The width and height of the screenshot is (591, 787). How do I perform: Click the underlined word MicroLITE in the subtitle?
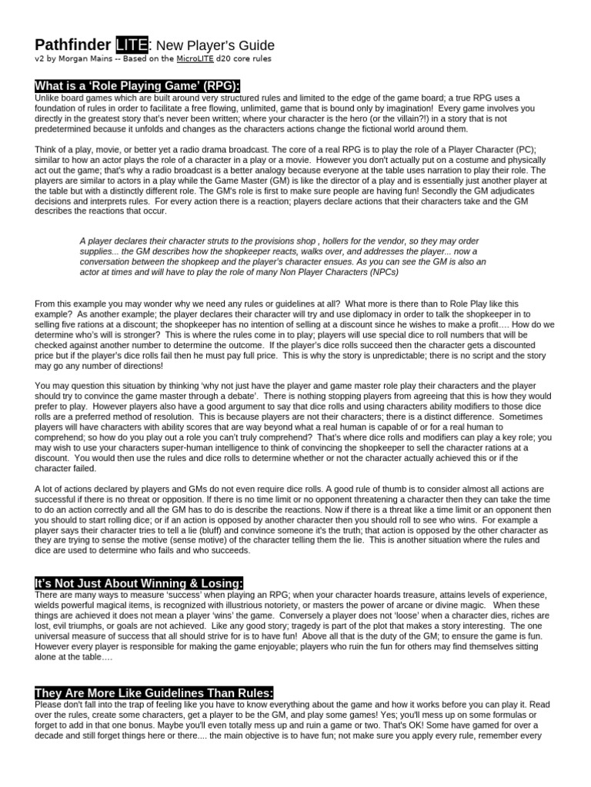tap(203, 58)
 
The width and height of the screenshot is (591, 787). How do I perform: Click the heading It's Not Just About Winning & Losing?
tap(139, 583)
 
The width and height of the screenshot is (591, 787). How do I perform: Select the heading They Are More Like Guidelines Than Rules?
tap(153, 692)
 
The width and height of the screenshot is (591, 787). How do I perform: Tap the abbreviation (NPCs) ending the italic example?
tap(449, 271)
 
